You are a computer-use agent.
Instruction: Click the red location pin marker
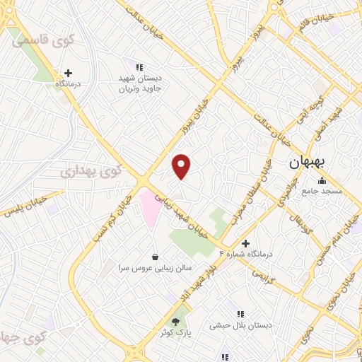(182, 167)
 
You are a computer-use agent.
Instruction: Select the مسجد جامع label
(322, 191)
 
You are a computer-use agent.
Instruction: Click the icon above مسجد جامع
(322, 180)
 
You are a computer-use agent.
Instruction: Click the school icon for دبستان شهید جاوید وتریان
(130, 67)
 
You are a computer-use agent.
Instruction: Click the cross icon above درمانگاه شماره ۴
(245, 243)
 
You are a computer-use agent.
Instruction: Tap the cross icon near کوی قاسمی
(68, 72)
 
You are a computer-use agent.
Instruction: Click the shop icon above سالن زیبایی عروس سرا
(155, 257)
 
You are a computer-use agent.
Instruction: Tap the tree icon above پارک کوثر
(176, 320)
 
